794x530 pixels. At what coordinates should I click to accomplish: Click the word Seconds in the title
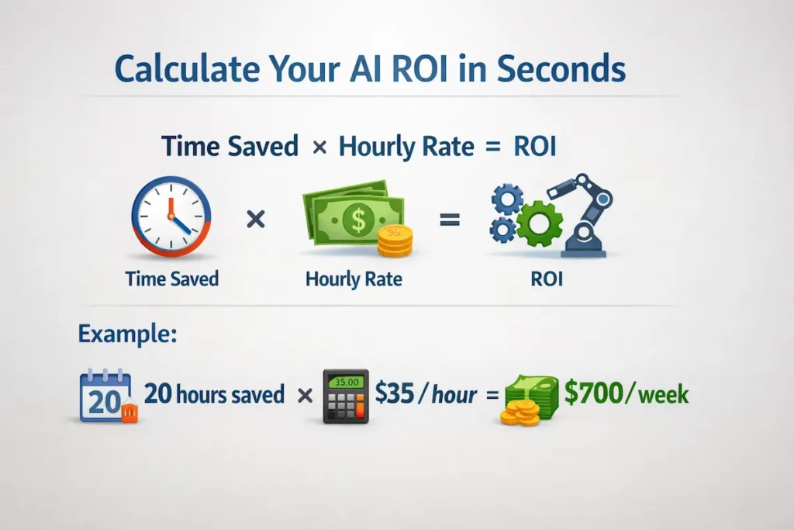coord(561,69)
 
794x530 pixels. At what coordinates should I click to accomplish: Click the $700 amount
coord(592,394)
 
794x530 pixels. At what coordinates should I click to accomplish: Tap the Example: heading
coord(126,334)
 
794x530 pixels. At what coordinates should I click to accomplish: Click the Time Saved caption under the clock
coord(171,278)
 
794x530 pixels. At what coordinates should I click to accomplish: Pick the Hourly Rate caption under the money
coord(354,279)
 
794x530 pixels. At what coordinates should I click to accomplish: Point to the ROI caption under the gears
coord(546,278)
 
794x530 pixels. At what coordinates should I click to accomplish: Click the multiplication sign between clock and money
coord(255,220)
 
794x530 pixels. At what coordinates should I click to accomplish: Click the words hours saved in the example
coord(230,394)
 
